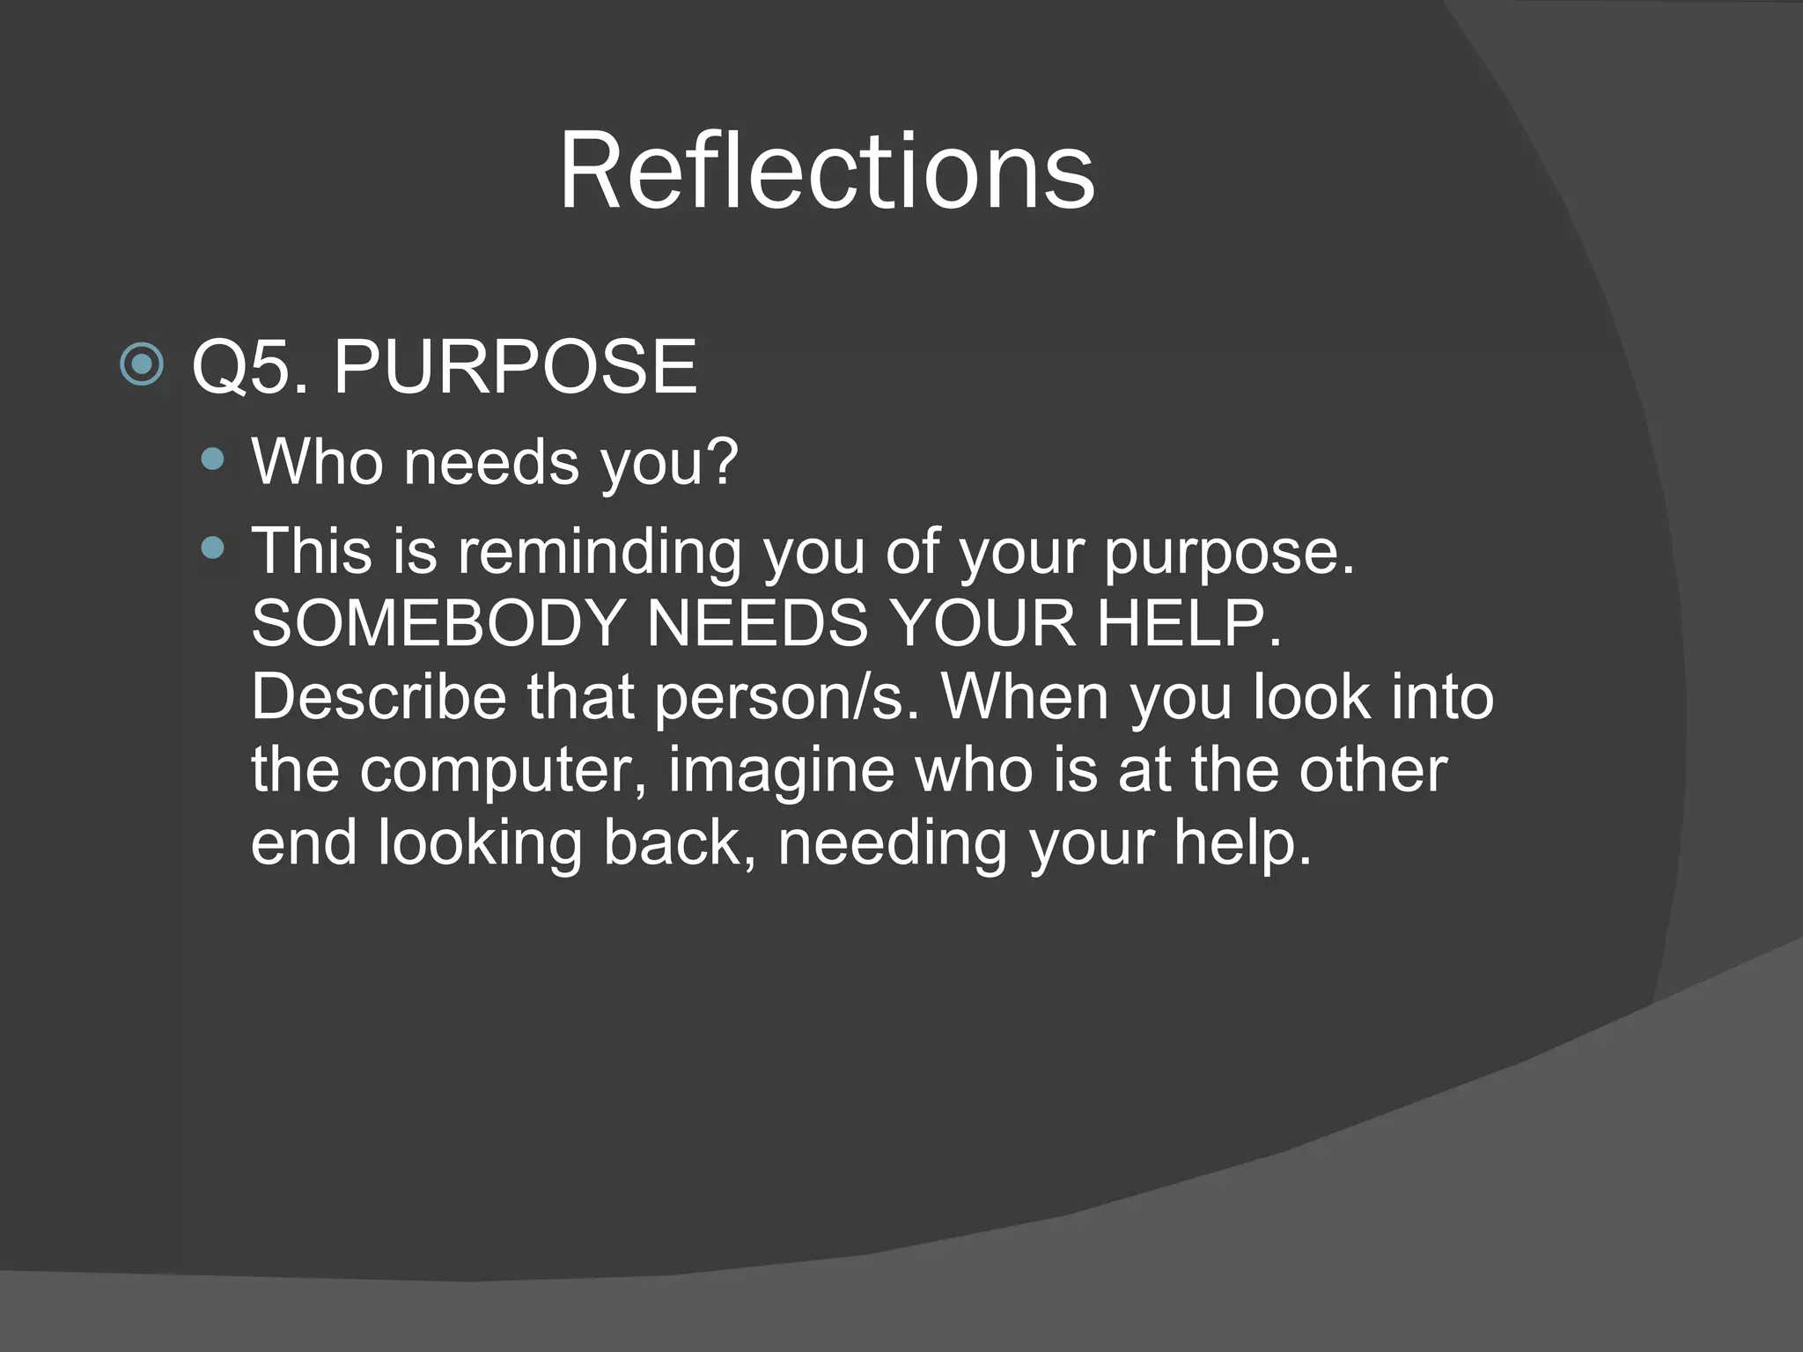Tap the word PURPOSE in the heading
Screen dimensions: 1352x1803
click(x=515, y=367)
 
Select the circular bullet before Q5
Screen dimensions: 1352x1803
click(x=142, y=364)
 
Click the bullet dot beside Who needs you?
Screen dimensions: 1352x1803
click(x=212, y=458)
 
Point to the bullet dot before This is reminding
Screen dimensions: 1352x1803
click(x=212, y=549)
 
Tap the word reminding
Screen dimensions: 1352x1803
click(x=599, y=553)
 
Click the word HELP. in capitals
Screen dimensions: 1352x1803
click(x=1189, y=624)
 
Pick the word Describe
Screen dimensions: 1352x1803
click(x=379, y=697)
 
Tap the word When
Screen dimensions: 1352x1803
click(x=1025, y=697)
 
